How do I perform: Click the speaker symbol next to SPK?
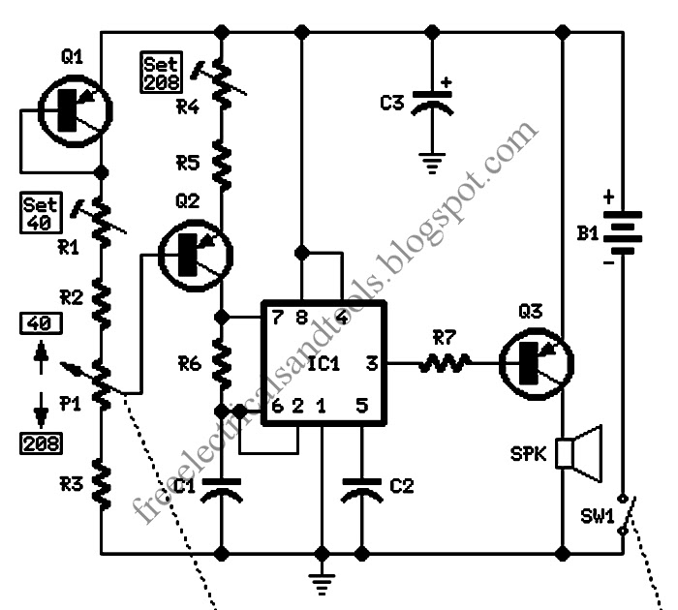click(x=578, y=453)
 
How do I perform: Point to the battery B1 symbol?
click(x=623, y=233)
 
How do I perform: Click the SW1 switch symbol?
click(x=627, y=514)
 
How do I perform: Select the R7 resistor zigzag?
click(x=444, y=363)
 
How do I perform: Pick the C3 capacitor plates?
click(x=432, y=103)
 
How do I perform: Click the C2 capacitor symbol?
click(x=362, y=491)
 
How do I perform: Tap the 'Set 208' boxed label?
click(x=162, y=73)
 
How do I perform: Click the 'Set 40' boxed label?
click(x=41, y=213)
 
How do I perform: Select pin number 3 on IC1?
click(x=372, y=363)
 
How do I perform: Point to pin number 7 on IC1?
click(x=277, y=318)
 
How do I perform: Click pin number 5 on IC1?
click(x=362, y=406)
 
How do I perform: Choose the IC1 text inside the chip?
click(x=324, y=363)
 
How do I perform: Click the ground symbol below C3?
click(x=432, y=163)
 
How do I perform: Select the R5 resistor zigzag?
click(x=222, y=165)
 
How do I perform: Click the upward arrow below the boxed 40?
click(x=41, y=356)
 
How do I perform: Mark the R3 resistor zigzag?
click(x=101, y=483)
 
